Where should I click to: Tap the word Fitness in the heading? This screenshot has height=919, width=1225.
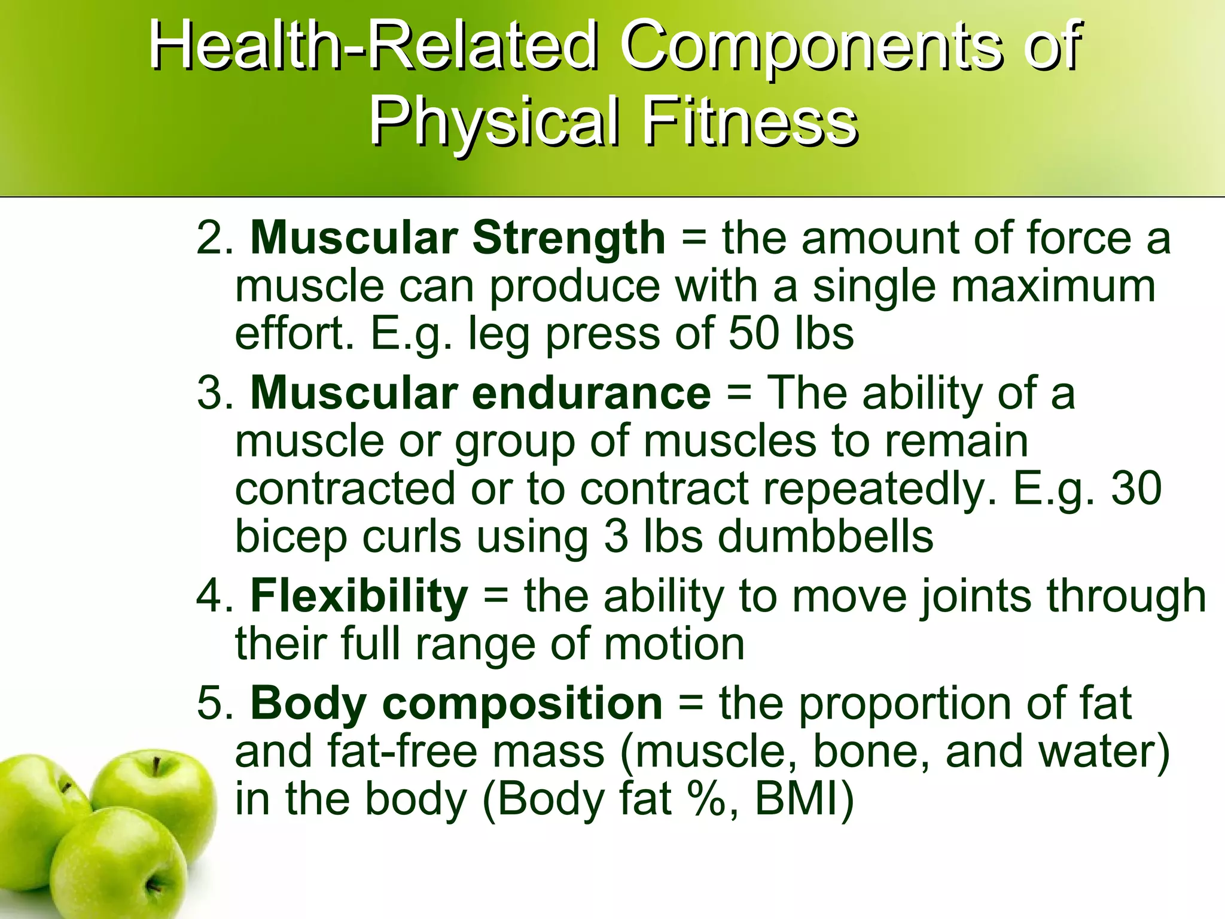(x=751, y=123)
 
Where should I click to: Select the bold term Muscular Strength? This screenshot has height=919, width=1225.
(x=458, y=238)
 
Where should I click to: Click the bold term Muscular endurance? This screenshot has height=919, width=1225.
(x=480, y=394)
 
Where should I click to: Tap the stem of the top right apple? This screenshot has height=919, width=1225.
(x=156, y=766)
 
